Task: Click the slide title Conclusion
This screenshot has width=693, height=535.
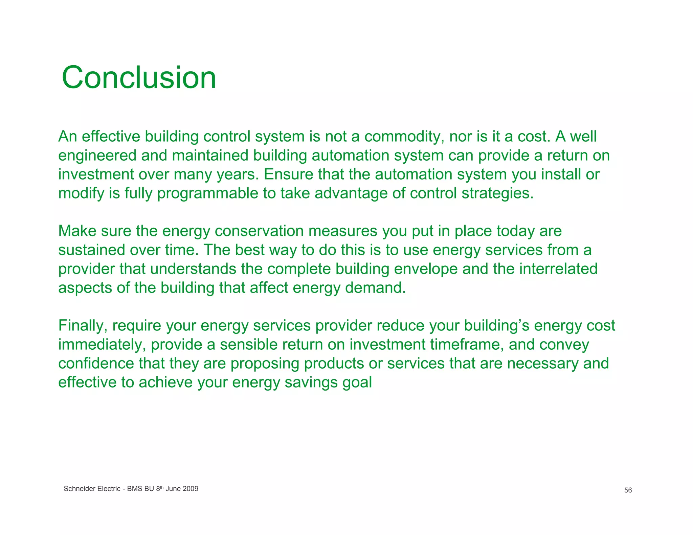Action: (x=139, y=78)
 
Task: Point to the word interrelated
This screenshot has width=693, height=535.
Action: (x=558, y=269)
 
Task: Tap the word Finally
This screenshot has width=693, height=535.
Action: (x=83, y=325)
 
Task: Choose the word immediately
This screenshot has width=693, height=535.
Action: (x=102, y=344)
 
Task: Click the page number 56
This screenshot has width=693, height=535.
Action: (x=628, y=490)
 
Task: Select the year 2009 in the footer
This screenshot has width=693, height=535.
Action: (x=191, y=489)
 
